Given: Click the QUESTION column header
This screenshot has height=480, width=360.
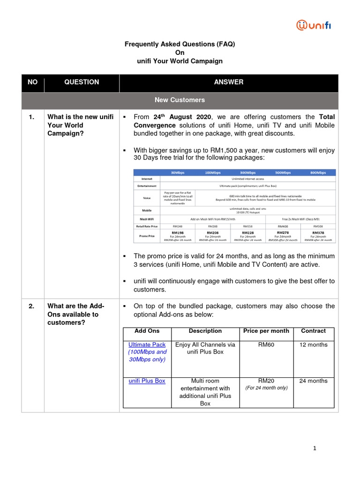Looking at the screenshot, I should click(82, 82).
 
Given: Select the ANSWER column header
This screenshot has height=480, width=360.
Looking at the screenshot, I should click(229, 82).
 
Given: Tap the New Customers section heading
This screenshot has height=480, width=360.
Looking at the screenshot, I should click(180, 100).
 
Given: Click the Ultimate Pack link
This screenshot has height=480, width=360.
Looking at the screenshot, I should click(147, 345).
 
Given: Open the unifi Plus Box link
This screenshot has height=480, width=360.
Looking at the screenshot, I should click(147, 381).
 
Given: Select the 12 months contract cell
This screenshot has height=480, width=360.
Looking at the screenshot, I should click(313, 345).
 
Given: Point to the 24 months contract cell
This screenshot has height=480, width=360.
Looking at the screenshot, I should click(313, 381).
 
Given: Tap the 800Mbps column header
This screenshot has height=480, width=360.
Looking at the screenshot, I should click(318, 172).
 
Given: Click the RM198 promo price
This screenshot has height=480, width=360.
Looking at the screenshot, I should click(177, 232).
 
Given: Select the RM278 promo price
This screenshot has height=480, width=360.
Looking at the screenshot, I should click(283, 232).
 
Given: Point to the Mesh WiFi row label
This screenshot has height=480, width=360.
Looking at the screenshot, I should click(147, 218).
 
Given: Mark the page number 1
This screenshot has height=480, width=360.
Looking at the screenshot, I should click(315, 449).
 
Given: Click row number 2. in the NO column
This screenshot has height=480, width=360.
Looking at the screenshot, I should click(31, 306).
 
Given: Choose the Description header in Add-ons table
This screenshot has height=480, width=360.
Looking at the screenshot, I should click(205, 331).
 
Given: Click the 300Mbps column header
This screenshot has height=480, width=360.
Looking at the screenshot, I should click(247, 172).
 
